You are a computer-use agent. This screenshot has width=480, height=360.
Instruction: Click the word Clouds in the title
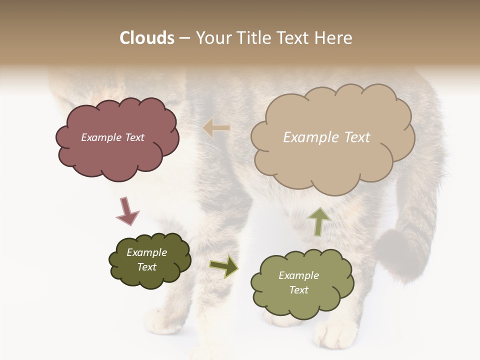click(x=147, y=38)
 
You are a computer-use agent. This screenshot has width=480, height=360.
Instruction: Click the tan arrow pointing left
click(x=216, y=128)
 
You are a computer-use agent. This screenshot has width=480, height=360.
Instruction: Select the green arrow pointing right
click(x=224, y=266)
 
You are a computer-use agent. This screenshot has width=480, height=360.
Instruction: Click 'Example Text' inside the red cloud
click(x=112, y=137)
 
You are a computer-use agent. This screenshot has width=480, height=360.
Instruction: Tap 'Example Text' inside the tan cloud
click(x=326, y=137)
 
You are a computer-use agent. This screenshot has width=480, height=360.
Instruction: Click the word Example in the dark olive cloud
click(x=146, y=252)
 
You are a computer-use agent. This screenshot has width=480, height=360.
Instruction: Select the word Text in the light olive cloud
click(x=298, y=290)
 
